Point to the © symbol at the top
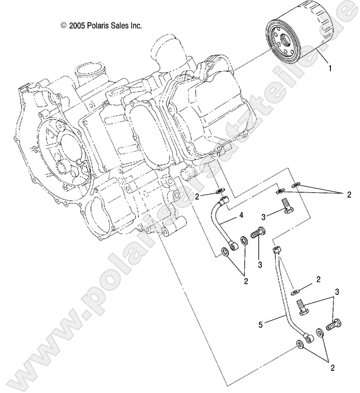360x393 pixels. point(63,25)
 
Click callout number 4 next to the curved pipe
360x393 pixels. point(241,215)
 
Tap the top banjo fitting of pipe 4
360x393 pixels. point(223,198)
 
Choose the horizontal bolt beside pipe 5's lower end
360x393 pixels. point(333,323)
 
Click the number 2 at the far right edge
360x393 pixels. point(349,195)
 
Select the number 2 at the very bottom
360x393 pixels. point(334,367)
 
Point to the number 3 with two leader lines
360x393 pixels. point(337,292)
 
